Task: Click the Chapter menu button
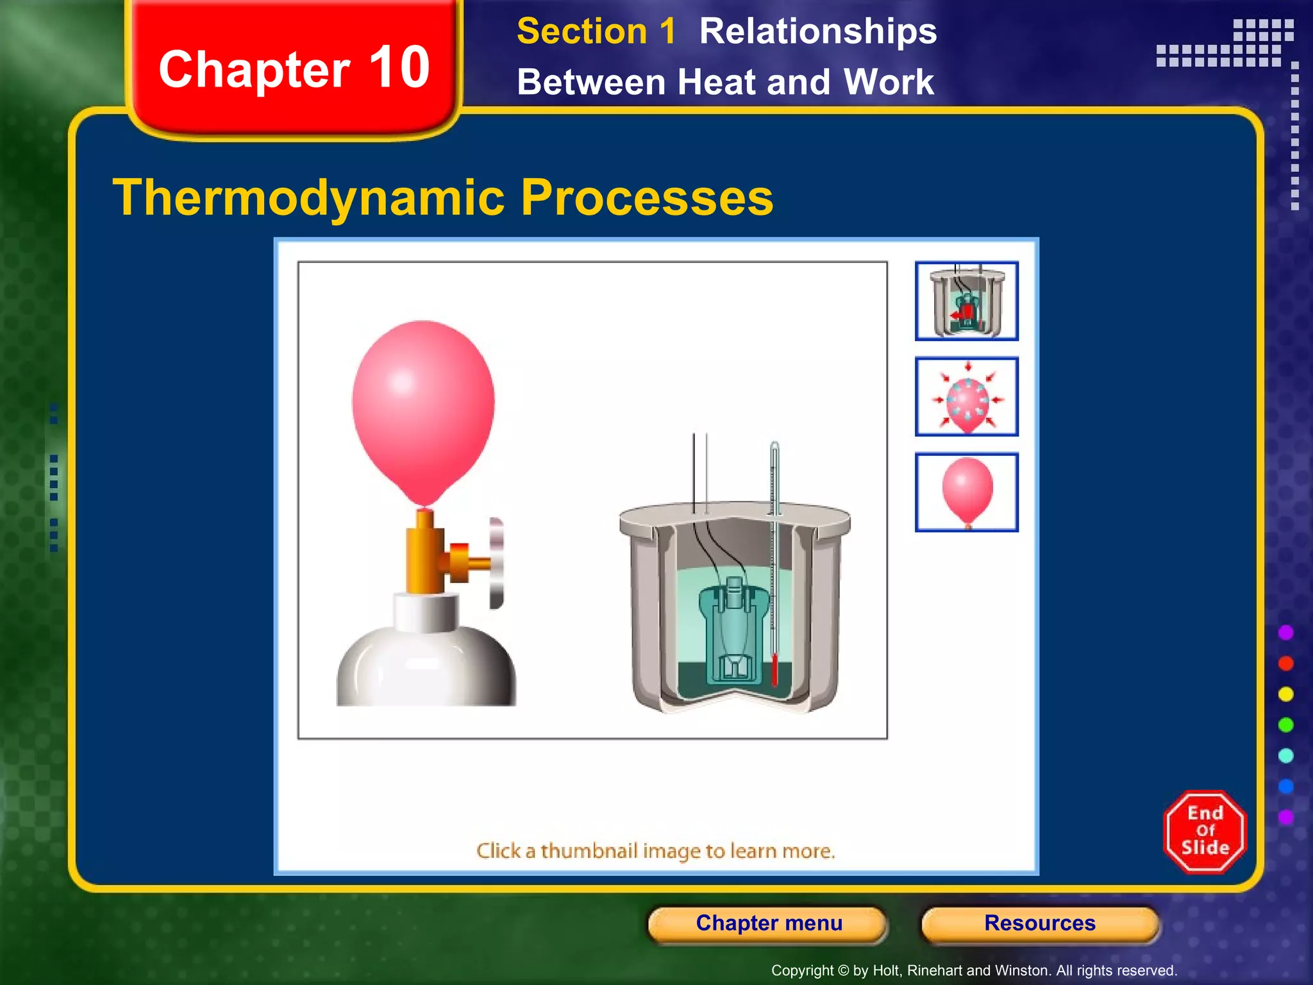768,923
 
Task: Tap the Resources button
1040,923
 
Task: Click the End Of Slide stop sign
1205,831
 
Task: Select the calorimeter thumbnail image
966,301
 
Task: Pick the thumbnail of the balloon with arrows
966,397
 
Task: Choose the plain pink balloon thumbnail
966,492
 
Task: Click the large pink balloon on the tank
423,404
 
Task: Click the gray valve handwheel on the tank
497,563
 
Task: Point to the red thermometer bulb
774,670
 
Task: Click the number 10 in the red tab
399,68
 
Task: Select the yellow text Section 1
596,31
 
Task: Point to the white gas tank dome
426,667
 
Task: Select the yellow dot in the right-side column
1285,695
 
